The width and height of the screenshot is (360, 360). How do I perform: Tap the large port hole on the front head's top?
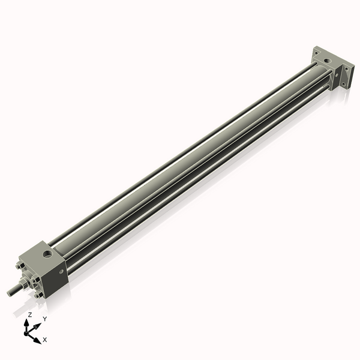point(47,254)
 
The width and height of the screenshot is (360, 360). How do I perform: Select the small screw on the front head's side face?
point(61,272)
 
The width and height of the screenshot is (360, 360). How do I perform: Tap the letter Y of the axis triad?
point(44,319)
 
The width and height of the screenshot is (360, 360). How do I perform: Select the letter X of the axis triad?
point(45,340)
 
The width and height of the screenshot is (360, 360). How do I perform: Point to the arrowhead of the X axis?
point(37,340)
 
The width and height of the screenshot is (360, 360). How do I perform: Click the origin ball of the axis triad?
point(28,331)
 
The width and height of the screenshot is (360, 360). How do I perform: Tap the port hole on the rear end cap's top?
point(326,62)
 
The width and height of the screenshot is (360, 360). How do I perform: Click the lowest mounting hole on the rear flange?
point(344,85)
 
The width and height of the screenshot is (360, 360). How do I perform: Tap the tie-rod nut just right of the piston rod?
point(37,279)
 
